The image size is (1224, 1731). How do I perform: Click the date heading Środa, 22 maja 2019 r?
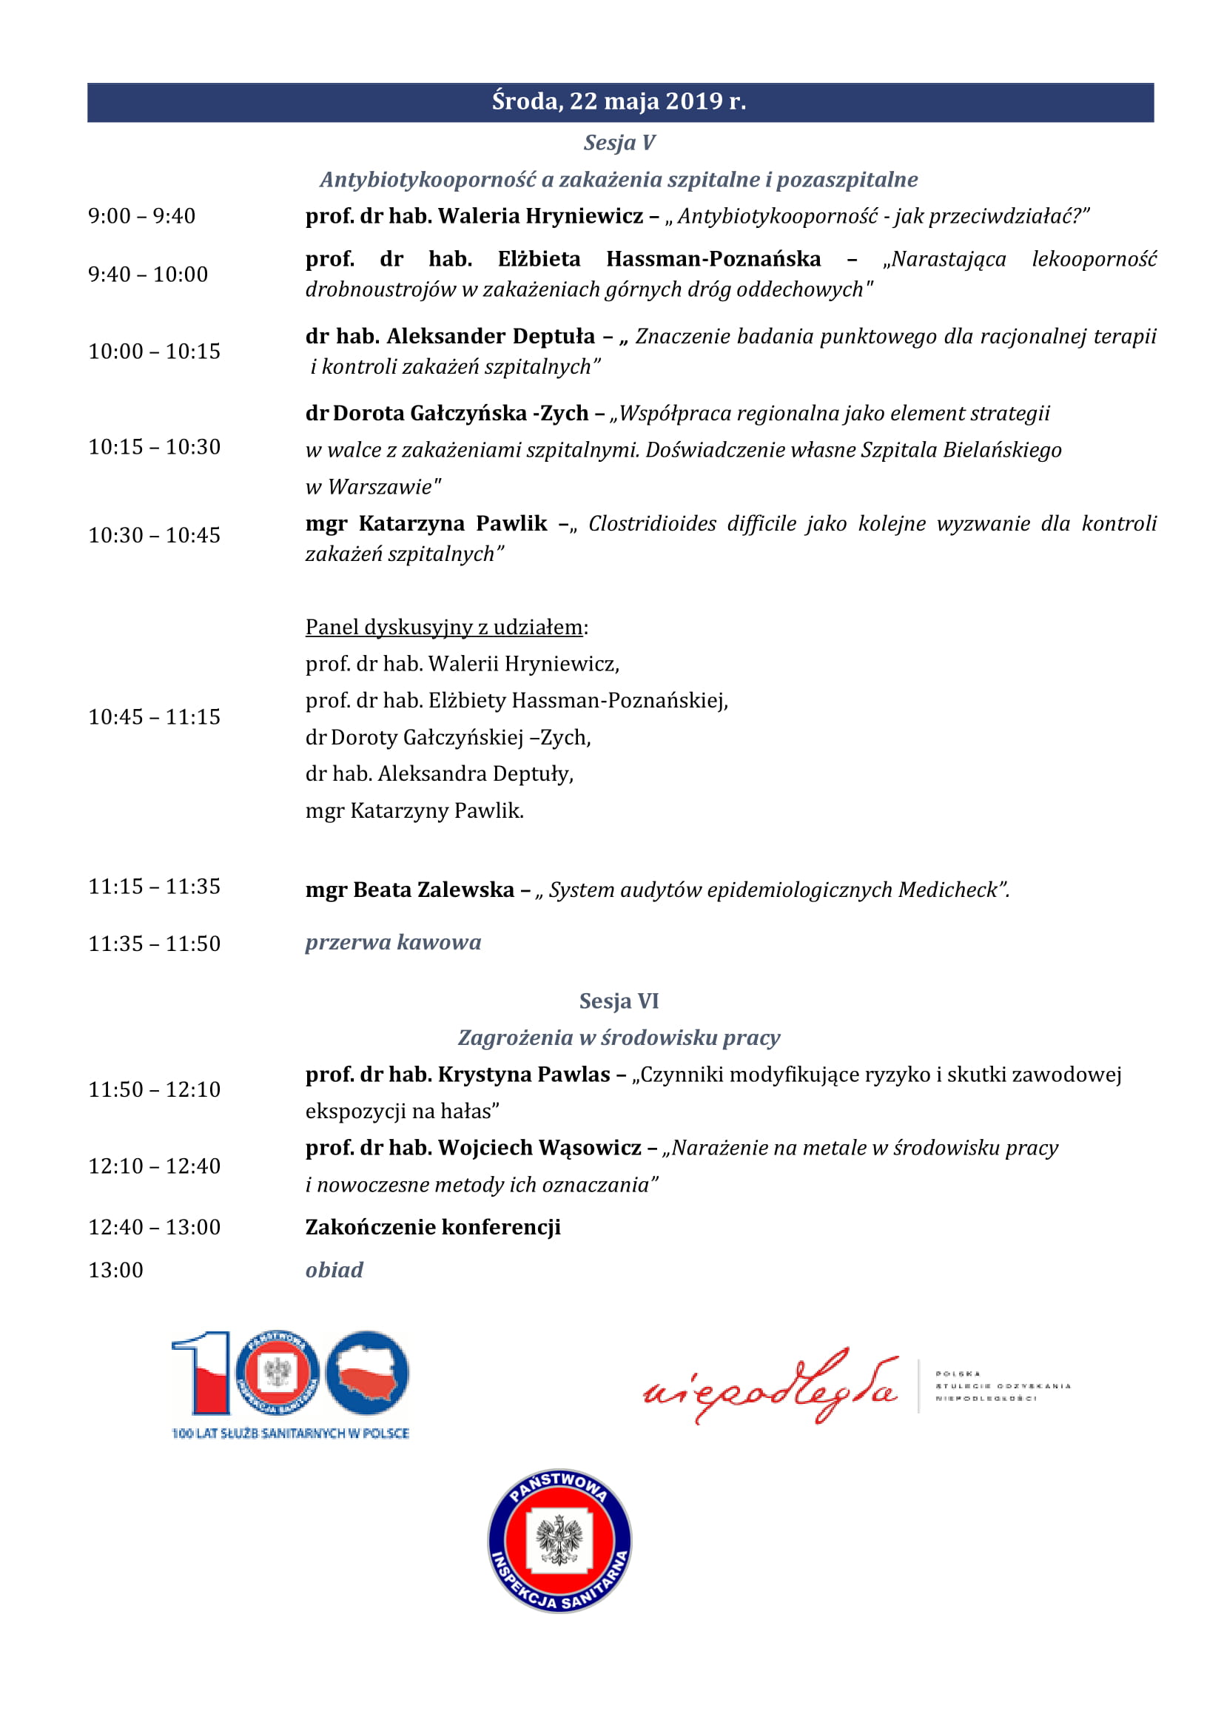[619, 102]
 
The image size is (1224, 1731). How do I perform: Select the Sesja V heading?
[619, 143]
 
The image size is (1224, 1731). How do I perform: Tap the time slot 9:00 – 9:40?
[141, 216]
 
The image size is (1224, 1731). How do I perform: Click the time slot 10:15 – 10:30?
[155, 447]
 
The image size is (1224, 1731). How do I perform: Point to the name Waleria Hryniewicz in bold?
[540, 216]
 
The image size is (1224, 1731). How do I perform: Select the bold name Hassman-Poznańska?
[713, 259]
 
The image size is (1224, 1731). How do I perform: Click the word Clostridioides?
[652, 523]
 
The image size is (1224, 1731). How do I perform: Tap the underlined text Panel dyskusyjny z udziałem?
[444, 628]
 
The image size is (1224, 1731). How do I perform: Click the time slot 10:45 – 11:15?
[155, 717]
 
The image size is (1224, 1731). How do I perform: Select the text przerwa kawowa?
[393, 942]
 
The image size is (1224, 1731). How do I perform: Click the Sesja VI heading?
[619, 1001]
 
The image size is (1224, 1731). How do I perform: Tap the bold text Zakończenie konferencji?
[433, 1227]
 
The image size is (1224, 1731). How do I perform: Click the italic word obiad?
[334, 1271]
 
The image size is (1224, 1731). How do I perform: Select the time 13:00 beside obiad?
[116, 1271]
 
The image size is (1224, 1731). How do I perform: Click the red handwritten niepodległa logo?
[770, 1388]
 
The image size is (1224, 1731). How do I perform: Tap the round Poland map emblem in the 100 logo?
[367, 1373]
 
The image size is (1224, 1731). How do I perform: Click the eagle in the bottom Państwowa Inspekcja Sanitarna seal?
[559, 1540]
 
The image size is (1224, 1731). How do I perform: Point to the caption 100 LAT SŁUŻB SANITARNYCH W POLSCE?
[290, 1433]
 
